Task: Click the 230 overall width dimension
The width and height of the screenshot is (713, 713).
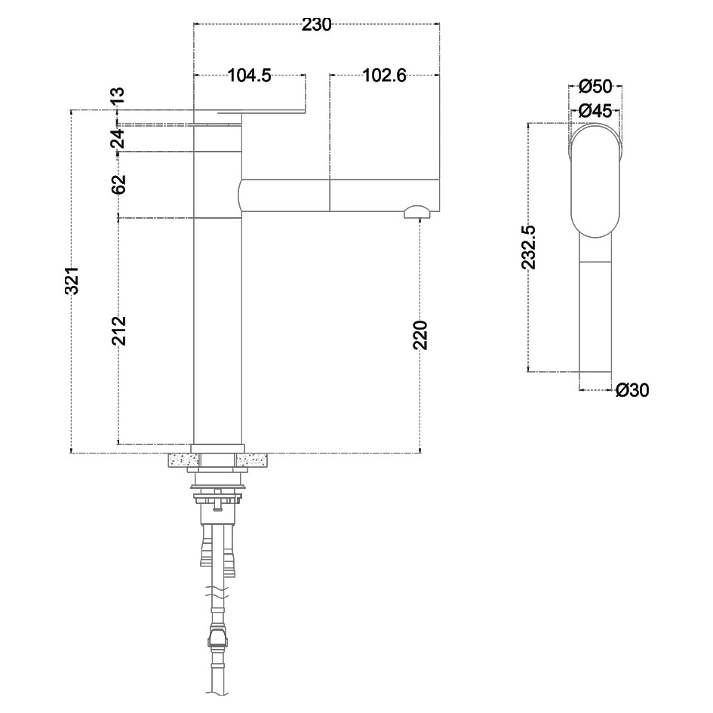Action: (x=316, y=25)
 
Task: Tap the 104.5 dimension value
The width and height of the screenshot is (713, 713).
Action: (x=249, y=75)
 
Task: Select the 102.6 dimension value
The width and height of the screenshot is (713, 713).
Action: (x=384, y=75)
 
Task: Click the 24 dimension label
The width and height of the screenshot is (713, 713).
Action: (x=117, y=138)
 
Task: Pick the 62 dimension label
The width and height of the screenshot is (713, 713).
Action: (x=118, y=184)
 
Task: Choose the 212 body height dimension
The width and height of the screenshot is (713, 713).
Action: (x=118, y=330)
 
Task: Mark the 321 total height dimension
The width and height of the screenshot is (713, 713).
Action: (x=72, y=281)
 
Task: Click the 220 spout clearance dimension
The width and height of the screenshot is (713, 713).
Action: (x=420, y=335)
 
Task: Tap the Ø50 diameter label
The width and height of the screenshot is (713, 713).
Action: (x=596, y=87)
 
